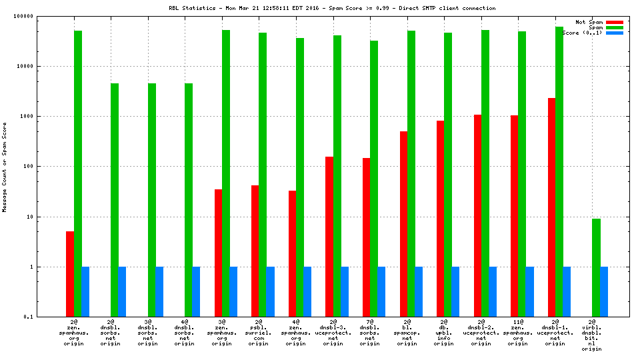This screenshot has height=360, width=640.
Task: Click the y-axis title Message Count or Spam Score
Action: tap(5, 167)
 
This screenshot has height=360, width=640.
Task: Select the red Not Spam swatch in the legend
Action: tap(614, 22)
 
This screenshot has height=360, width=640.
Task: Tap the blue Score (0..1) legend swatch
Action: tap(614, 33)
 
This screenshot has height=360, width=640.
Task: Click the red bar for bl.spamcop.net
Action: tap(403, 224)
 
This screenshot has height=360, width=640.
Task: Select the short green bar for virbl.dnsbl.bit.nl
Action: tap(596, 267)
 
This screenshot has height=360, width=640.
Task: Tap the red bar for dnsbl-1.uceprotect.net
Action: tap(551, 207)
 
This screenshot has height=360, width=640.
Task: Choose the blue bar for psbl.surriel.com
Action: tap(271, 292)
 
